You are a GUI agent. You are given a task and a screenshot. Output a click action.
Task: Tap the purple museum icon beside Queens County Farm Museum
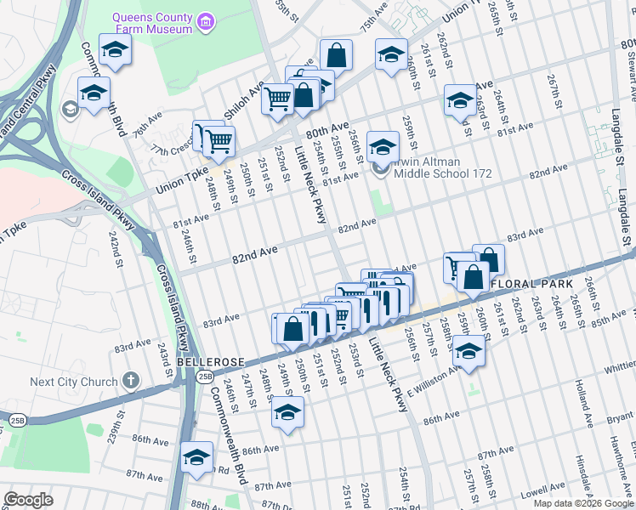[x=205, y=20]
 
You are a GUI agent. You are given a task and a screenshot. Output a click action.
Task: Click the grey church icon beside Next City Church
[x=130, y=380]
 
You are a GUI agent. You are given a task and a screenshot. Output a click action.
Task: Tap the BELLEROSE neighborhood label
[x=207, y=360]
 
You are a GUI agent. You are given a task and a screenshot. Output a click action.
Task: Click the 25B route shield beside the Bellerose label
[x=205, y=376]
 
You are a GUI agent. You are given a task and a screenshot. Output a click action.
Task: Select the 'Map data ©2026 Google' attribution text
[x=583, y=503]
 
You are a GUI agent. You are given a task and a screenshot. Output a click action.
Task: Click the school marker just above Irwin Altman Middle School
[x=383, y=145]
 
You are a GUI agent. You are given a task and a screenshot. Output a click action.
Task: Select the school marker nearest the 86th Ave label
[x=197, y=456]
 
